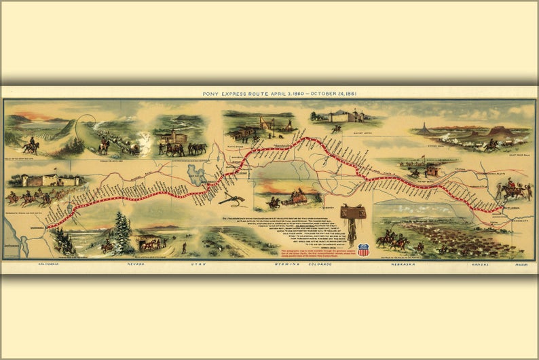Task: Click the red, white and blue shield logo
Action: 363,250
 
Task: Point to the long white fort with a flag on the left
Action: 45,180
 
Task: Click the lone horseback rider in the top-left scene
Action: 31,145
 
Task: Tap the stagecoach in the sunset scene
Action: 291,196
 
